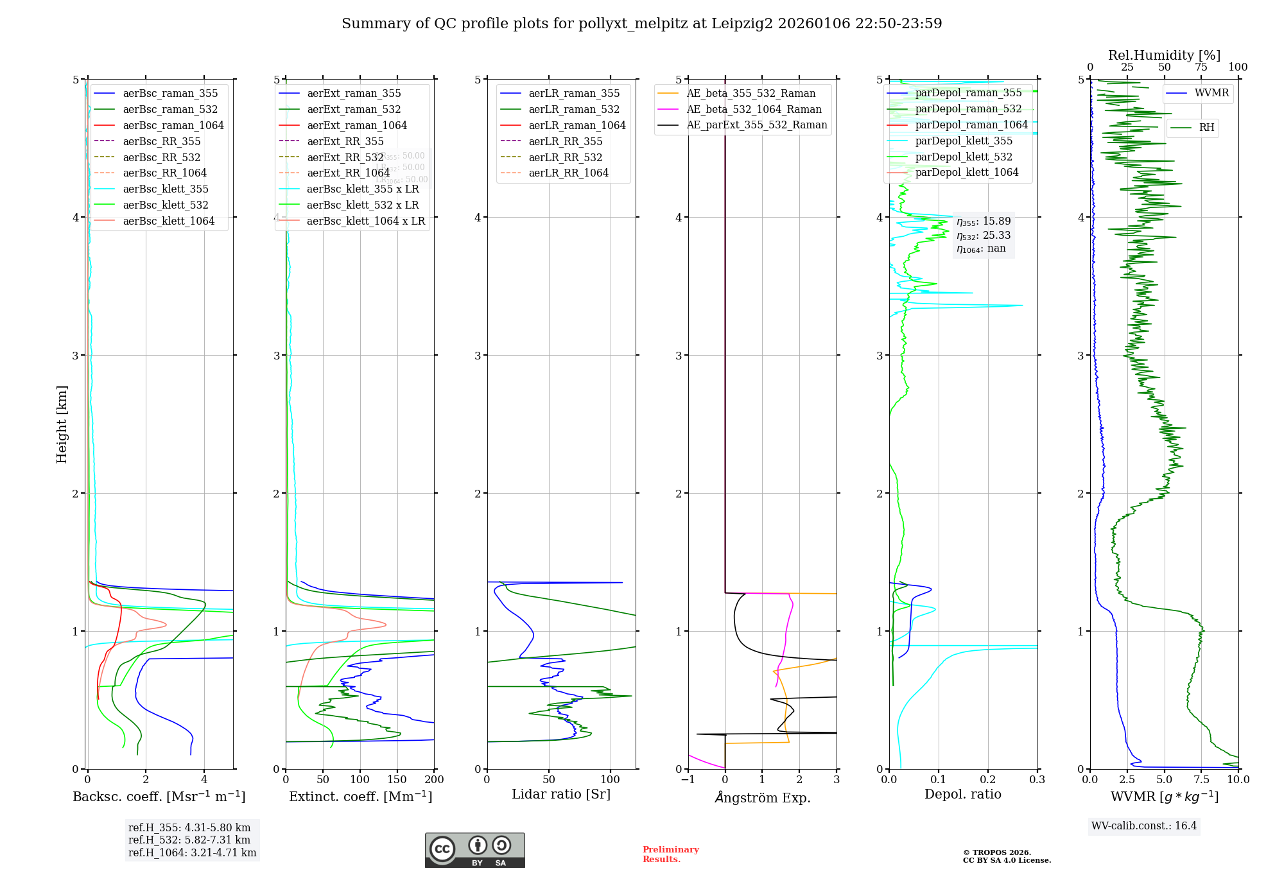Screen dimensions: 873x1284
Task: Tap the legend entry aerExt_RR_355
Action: (345, 141)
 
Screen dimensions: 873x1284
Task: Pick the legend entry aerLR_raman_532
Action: (574, 109)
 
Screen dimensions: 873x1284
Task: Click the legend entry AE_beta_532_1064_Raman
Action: (754, 109)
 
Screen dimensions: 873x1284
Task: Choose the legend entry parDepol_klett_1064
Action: (966, 172)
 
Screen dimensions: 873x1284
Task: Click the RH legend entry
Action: (1206, 128)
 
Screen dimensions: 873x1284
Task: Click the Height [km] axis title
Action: (62, 424)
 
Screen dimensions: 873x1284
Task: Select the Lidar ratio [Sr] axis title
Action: (560, 794)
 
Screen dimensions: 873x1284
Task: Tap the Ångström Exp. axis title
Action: (762, 797)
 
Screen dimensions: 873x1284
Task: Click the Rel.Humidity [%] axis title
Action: (1164, 55)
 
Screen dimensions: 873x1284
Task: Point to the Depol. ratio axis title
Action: (962, 794)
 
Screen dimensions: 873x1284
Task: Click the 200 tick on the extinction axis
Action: (434, 780)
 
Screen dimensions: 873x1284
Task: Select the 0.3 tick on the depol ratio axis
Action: (1037, 780)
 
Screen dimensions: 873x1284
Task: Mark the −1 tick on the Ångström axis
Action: (688, 780)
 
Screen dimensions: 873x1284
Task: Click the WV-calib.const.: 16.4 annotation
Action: (1143, 825)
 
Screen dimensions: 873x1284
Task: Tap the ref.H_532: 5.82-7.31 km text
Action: (189, 840)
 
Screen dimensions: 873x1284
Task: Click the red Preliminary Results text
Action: (670, 854)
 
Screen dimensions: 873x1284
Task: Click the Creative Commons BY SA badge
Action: (474, 851)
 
